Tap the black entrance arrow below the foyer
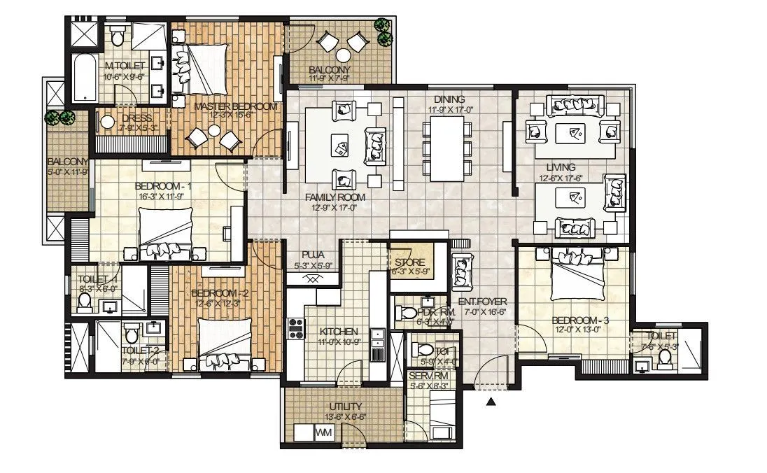(x=491, y=402)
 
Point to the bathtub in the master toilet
(x=85, y=78)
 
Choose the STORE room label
(x=410, y=262)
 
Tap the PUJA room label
(x=311, y=255)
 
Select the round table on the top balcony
(x=343, y=55)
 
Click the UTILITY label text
(x=344, y=407)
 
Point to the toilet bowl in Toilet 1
(x=85, y=302)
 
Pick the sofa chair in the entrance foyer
(x=462, y=267)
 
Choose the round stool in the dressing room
(x=107, y=123)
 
